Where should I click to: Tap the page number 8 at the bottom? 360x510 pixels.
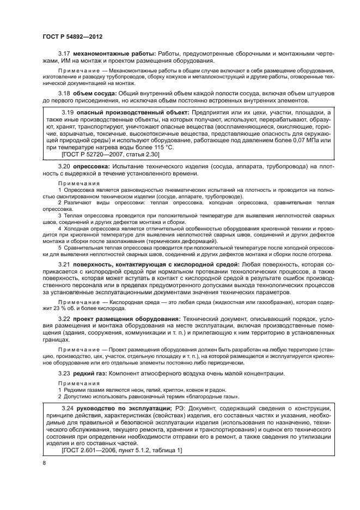44,463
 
